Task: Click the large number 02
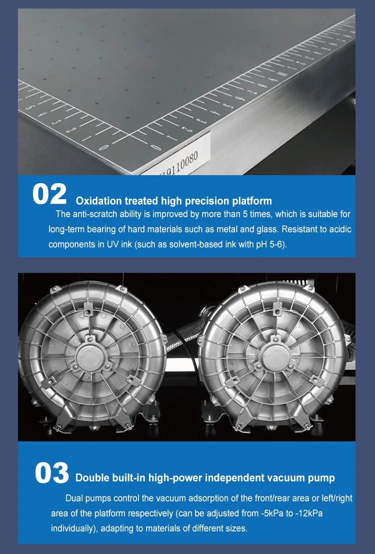pos(49,194)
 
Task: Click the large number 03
pos(52,473)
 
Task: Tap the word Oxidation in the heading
pos(98,201)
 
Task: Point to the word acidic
pos(340,229)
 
